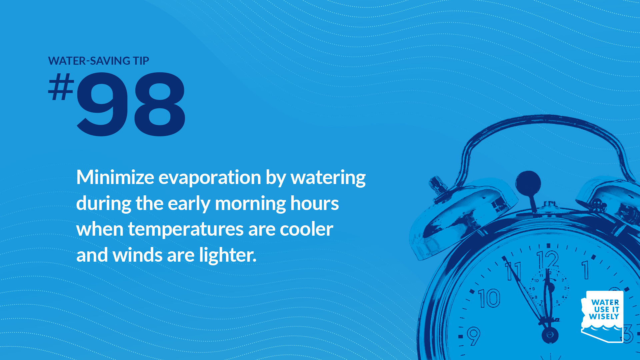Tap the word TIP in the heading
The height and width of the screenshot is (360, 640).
pyautogui.click(x=141, y=61)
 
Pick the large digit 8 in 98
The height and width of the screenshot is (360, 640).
pyautogui.click(x=159, y=104)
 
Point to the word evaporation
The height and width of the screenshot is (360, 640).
pyautogui.click(x=210, y=178)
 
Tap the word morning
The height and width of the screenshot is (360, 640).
pyautogui.click(x=250, y=204)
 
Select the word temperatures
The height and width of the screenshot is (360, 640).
pyautogui.click(x=186, y=230)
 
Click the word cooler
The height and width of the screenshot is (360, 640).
pyautogui.click(x=306, y=229)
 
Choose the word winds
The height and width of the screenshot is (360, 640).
pyautogui.click(x=137, y=255)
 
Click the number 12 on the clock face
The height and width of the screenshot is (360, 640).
pyautogui.click(x=547, y=260)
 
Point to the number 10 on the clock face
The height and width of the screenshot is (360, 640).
pyautogui.click(x=489, y=298)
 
